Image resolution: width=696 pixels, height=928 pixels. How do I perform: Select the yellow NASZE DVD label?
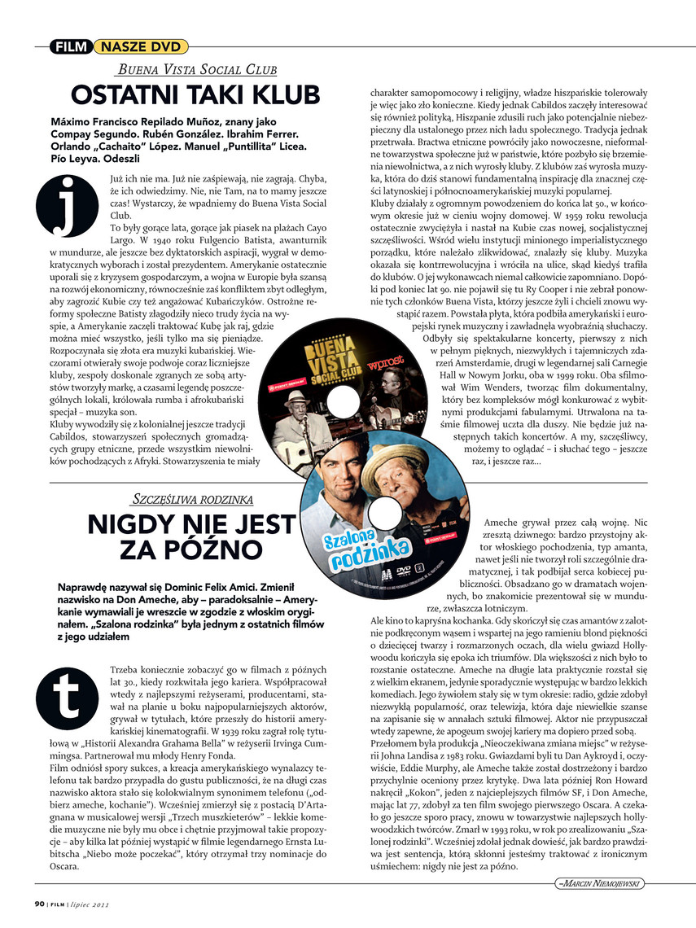pyautogui.click(x=130, y=46)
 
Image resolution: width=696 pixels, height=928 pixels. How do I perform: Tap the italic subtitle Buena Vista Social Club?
pyautogui.click(x=198, y=71)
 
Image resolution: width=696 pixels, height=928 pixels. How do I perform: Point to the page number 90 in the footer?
pyautogui.click(x=38, y=902)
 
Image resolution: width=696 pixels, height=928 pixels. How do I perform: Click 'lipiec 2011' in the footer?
pyautogui.click(x=90, y=902)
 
